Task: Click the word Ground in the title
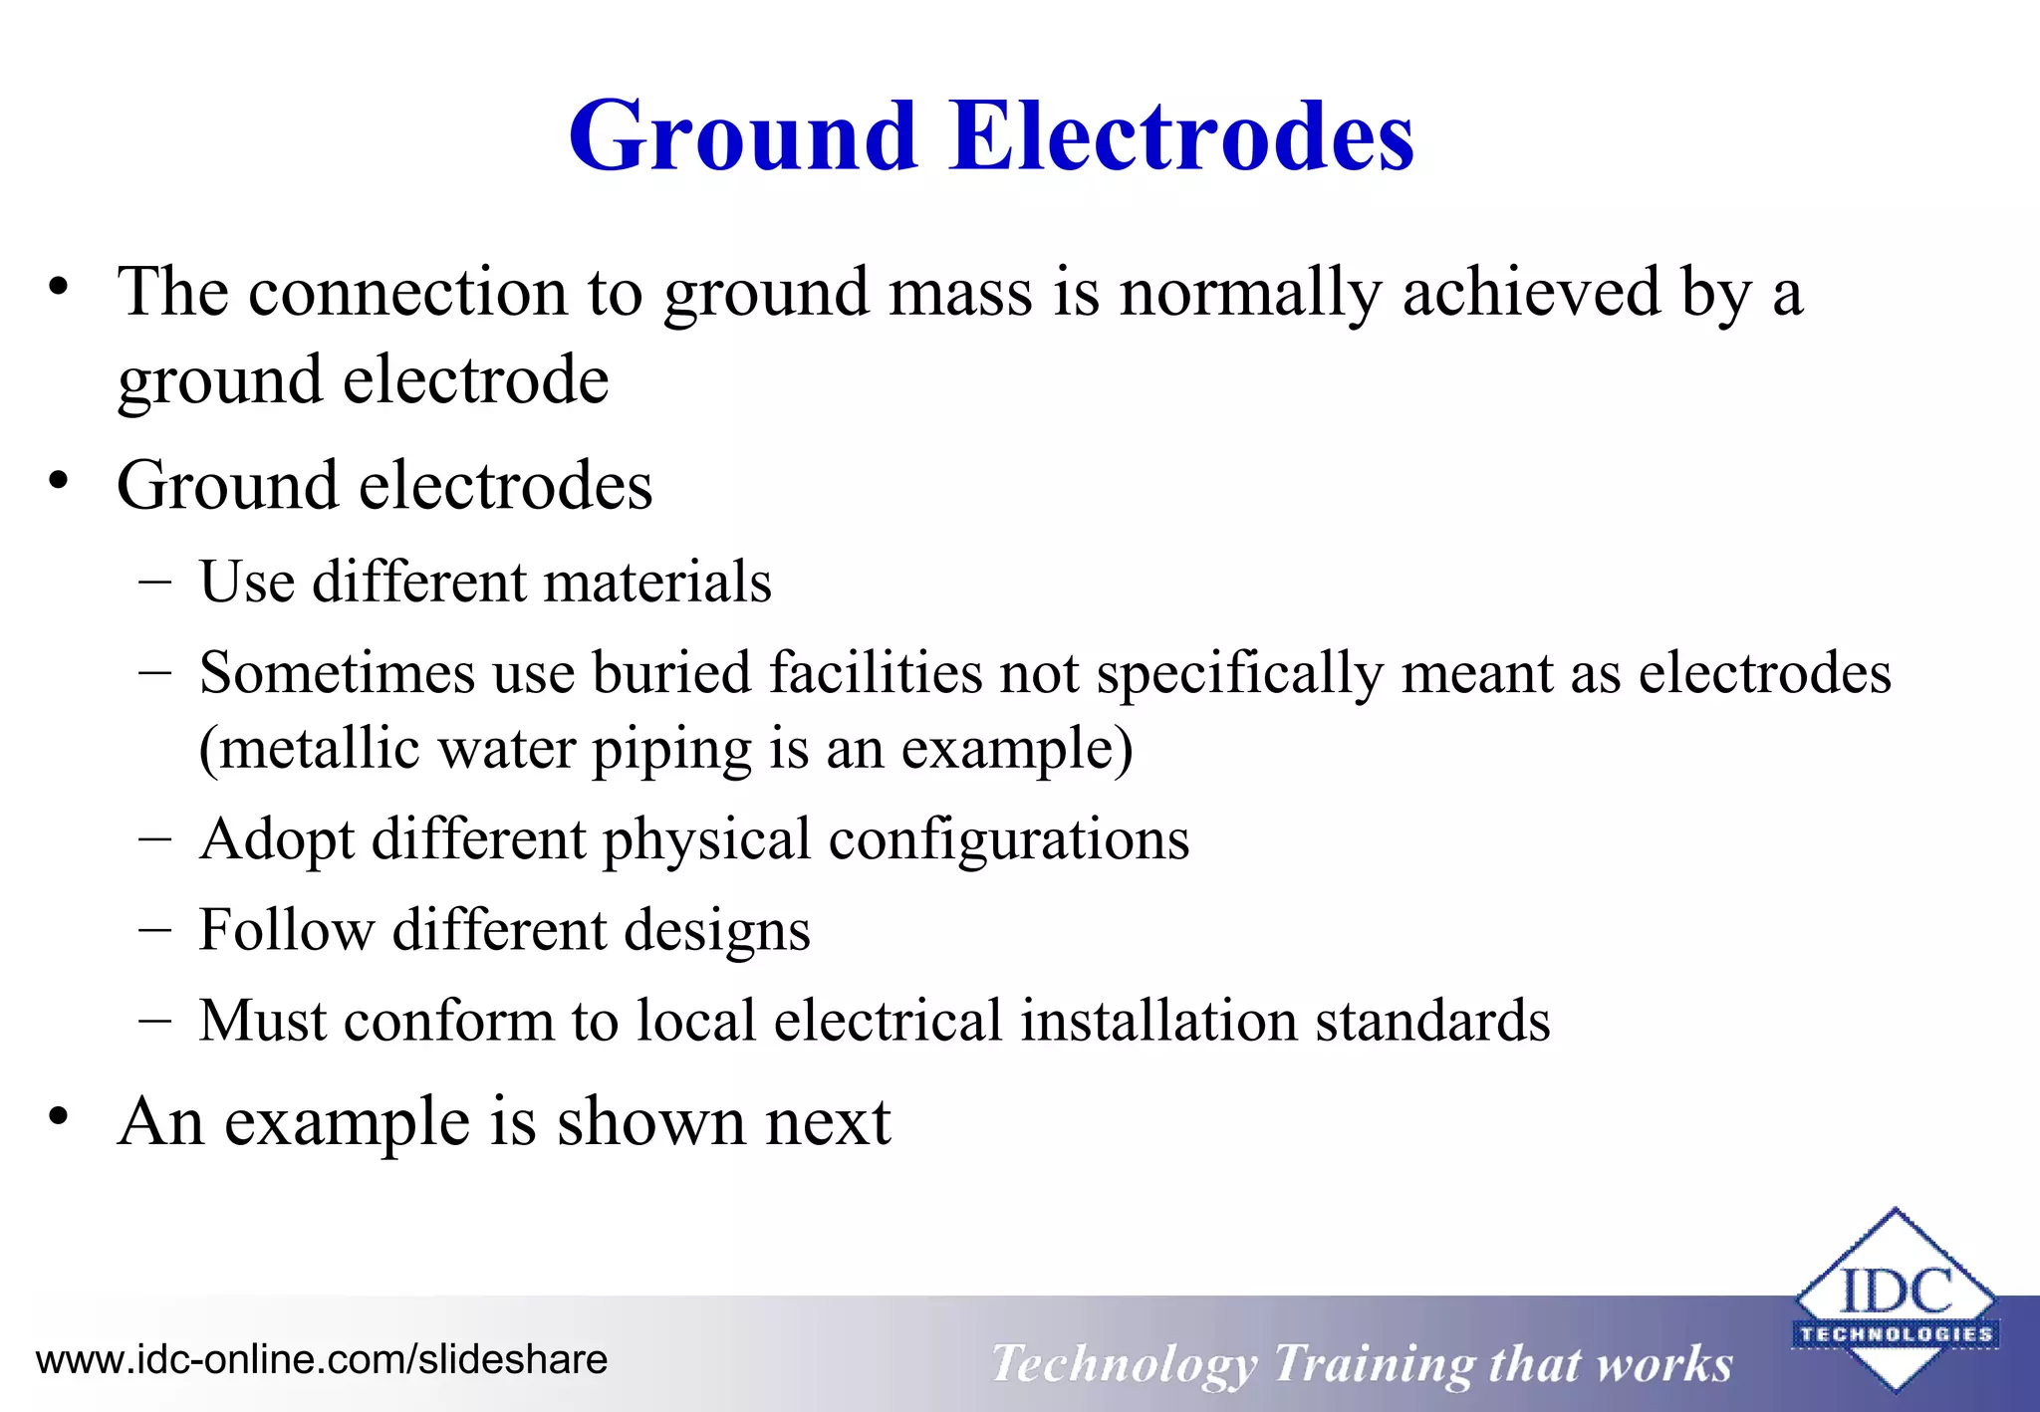pyautogui.click(x=742, y=136)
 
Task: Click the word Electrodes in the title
pyautogui.click(x=1181, y=136)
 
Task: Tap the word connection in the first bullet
pyautogui.click(x=407, y=293)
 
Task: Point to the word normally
pyautogui.click(x=1250, y=295)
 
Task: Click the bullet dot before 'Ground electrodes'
pyautogui.click(x=60, y=482)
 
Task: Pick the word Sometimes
pyautogui.click(x=337, y=673)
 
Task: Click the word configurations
pyautogui.click(x=1009, y=840)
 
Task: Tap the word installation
pyautogui.click(x=1158, y=1021)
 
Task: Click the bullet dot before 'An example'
pyautogui.click(x=60, y=1117)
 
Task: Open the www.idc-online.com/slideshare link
pyautogui.click(x=322, y=1360)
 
